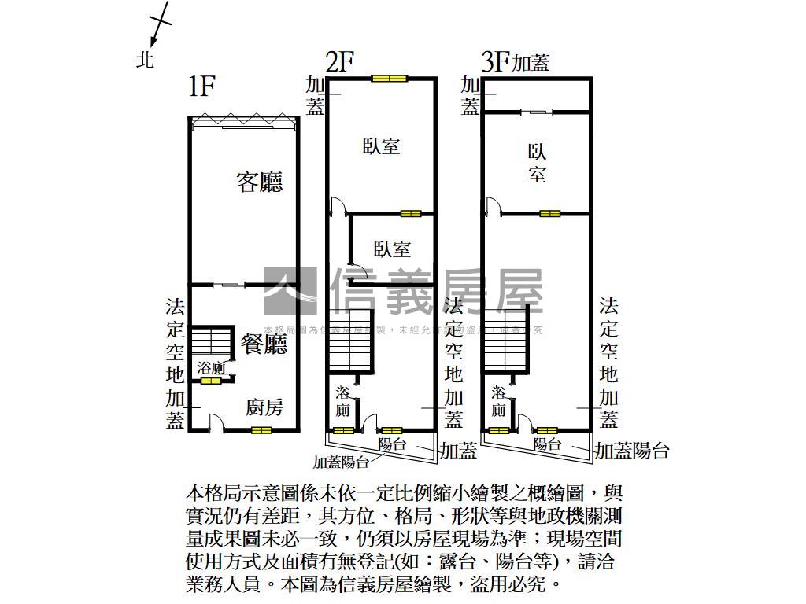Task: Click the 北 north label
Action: (145, 59)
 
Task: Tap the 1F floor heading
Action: (202, 86)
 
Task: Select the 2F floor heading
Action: (340, 62)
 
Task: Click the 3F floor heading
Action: (496, 62)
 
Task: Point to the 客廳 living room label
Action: (260, 182)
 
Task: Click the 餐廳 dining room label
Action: (264, 344)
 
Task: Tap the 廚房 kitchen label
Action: (264, 407)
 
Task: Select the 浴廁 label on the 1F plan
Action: (211, 368)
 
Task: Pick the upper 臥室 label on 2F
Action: (381, 146)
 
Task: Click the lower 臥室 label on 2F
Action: (392, 250)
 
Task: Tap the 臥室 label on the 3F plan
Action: (537, 164)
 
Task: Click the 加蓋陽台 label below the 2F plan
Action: (342, 462)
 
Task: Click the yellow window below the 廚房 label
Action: (261, 430)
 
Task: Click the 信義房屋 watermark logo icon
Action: (290, 292)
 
